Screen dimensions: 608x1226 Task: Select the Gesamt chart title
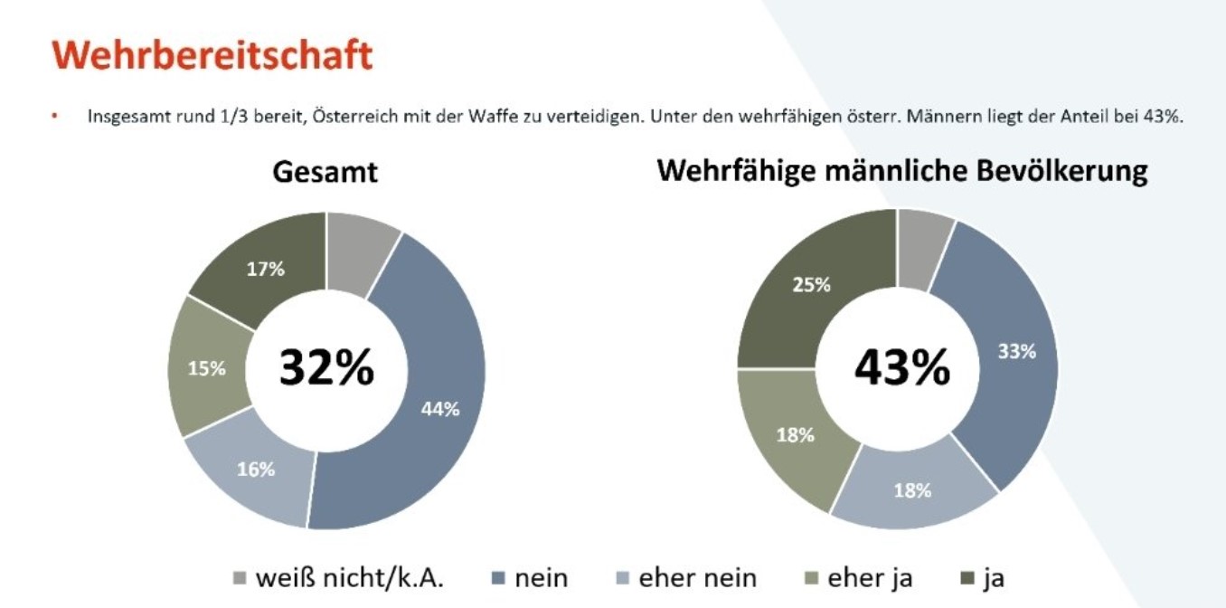[x=325, y=172]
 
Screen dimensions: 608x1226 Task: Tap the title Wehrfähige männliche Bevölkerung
[x=902, y=172]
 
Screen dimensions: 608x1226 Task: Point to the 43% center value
[x=902, y=367]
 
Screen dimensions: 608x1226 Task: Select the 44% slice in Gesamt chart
[x=440, y=408]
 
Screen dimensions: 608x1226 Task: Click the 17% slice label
[x=266, y=269]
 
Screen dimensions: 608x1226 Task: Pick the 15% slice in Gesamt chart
[x=206, y=368]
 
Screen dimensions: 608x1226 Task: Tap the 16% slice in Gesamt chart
[x=256, y=469]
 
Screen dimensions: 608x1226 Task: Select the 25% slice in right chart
[x=811, y=285]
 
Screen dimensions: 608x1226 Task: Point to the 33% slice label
[x=1016, y=352]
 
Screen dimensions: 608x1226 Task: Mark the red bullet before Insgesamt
[x=54, y=117]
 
